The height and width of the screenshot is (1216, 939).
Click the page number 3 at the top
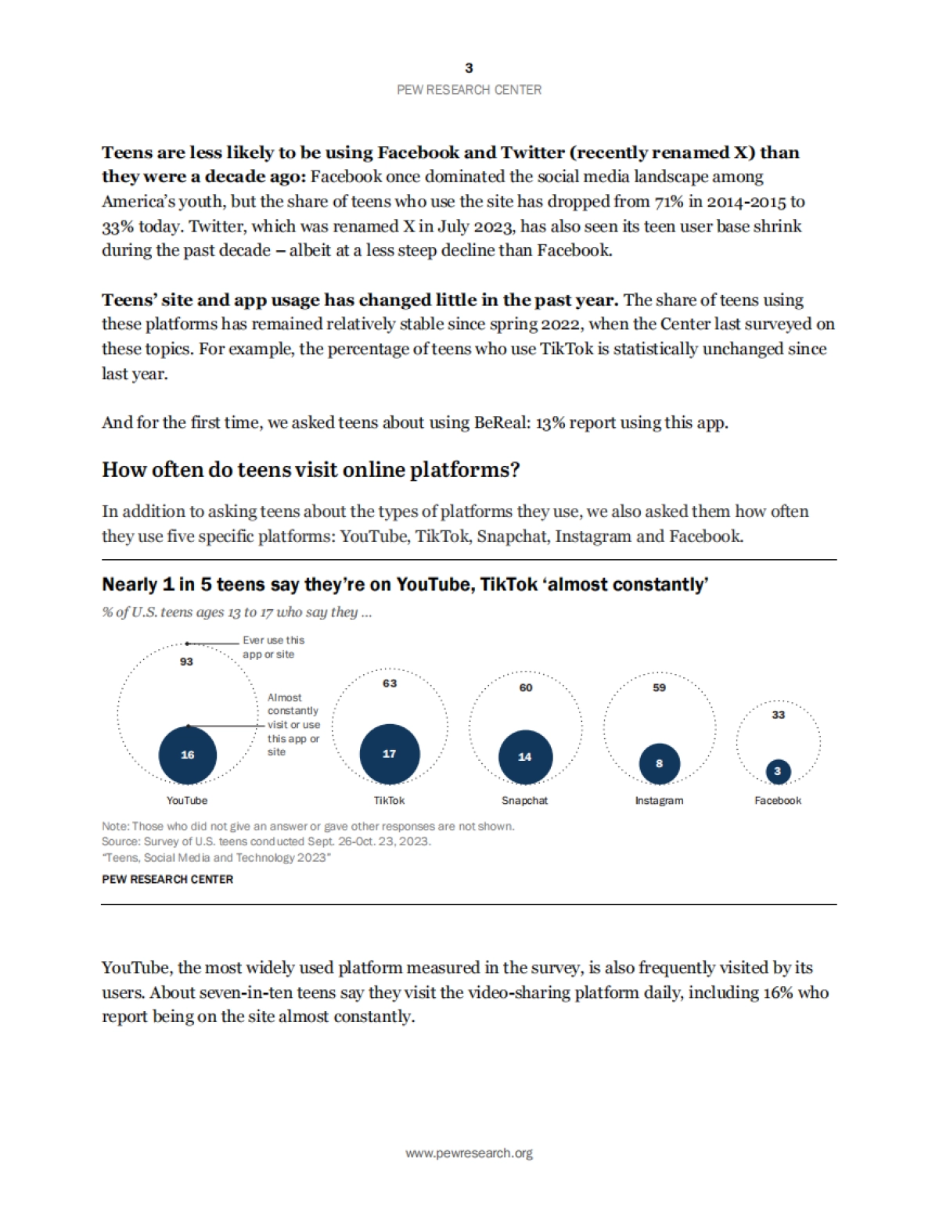pos(469,68)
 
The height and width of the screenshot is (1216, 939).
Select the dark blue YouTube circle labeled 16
pos(188,755)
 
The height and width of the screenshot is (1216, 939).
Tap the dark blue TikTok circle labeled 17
pos(390,754)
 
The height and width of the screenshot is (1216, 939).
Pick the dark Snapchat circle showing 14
pos(525,756)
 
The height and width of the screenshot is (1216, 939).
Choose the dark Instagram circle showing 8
pos(659,763)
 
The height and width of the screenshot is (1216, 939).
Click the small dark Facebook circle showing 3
pos(778,771)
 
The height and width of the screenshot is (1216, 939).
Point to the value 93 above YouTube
pos(186,662)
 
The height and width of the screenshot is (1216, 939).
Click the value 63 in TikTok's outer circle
pos(390,683)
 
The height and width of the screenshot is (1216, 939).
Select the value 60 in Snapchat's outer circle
pos(526,687)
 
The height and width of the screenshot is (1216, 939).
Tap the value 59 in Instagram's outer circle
pos(660,687)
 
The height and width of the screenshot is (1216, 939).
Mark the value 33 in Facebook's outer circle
pos(778,715)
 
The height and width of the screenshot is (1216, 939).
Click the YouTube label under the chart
pos(187,801)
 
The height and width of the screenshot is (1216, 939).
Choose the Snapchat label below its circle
pos(525,801)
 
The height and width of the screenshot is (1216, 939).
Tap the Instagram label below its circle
pos(659,801)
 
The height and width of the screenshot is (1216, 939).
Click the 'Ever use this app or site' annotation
pos(273,647)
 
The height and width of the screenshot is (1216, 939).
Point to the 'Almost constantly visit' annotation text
pos(293,724)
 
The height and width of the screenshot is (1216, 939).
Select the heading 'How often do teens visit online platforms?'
pos(311,470)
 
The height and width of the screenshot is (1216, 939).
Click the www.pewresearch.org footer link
pos(469,1153)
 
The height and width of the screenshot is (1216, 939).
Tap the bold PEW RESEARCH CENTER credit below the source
pos(167,879)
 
